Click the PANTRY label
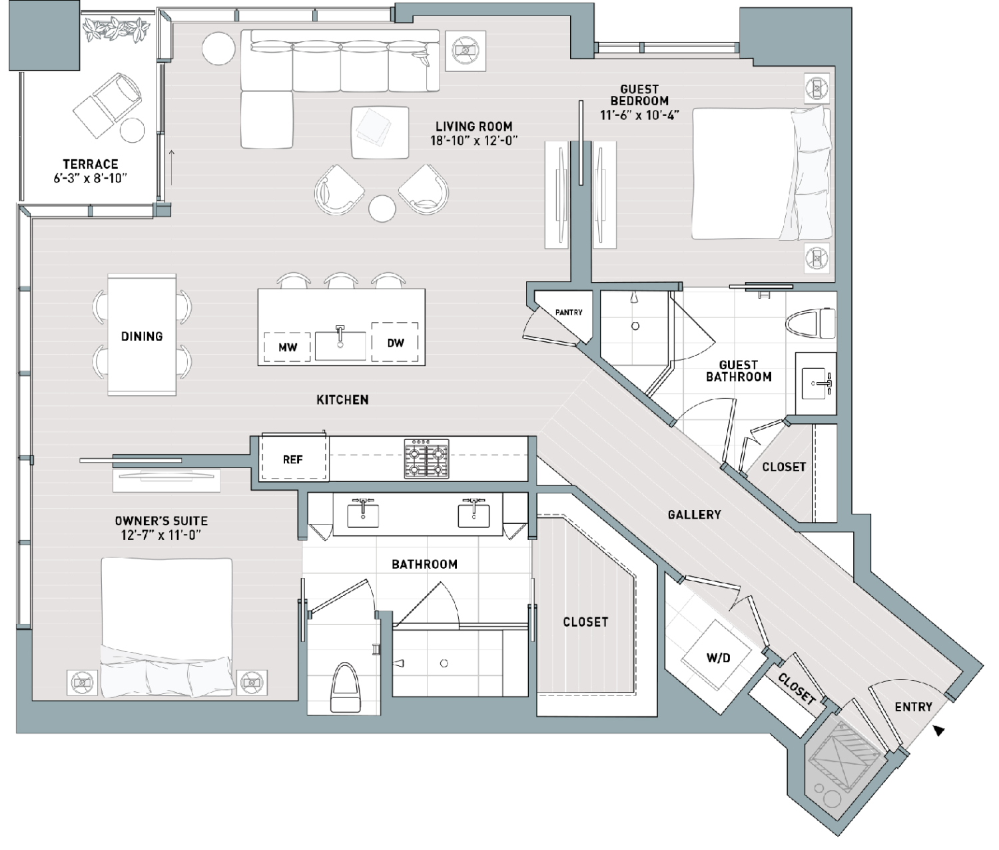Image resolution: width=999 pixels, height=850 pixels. point(569,313)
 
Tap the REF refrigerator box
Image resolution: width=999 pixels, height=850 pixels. point(293,458)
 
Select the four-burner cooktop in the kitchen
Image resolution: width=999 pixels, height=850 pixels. point(427,459)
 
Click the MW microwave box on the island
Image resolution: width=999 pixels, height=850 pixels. point(288,347)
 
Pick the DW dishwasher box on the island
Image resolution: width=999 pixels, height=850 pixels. point(395,342)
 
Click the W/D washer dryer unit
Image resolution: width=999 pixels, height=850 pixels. point(717,658)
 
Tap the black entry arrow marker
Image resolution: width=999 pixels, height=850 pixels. point(938,731)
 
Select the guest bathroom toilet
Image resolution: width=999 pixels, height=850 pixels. point(811,323)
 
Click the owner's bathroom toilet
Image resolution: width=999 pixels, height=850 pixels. point(344,687)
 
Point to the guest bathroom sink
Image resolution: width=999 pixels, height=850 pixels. point(817,383)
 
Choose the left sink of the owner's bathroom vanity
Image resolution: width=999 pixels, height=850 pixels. point(363,514)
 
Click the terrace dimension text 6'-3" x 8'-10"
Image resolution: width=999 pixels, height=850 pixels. point(91,178)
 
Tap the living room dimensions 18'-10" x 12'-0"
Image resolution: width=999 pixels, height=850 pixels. point(474,141)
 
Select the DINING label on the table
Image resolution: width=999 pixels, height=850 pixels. point(142,336)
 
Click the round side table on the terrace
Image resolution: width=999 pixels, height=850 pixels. point(132,129)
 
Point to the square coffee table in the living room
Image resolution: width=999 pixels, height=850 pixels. point(380,133)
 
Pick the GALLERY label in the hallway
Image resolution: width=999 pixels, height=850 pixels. point(694,514)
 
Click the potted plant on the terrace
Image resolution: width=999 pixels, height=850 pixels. point(114,29)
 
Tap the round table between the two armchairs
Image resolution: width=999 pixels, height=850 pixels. point(382,209)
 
